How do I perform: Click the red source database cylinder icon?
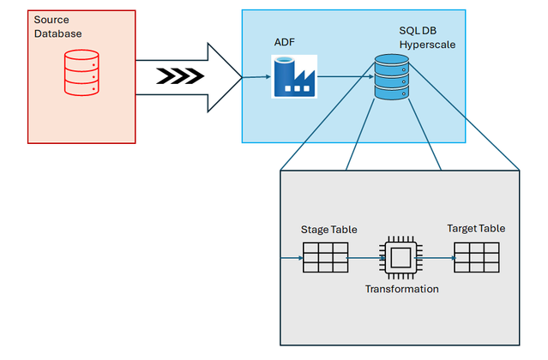(x=80, y=73)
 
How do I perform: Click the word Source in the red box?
(x=51, y=19)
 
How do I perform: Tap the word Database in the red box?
(x=57, y=33)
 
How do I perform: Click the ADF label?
(x=284, y=41)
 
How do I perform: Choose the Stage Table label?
(x=328, y=230)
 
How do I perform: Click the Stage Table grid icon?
(x=325, y=256)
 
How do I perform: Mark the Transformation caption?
(x=401, y=289)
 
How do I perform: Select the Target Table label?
(x=476, y=228)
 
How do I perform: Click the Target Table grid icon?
(x=476, y=256)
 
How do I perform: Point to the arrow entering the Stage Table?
(x=292, y=256)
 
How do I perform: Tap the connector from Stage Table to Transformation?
(x=363, y=256)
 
